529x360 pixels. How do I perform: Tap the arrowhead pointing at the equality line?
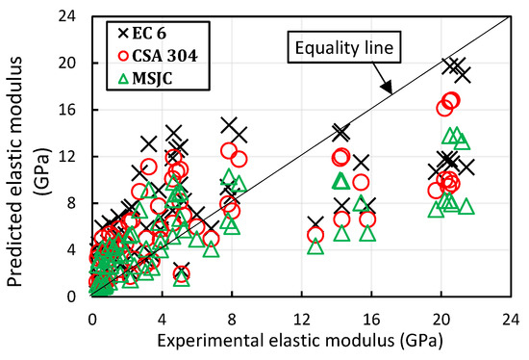pyautogui.click(x=389, y=92)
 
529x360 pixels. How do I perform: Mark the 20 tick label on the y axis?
pyautogui.click(x=72, y=63)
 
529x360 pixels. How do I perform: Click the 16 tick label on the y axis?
pyautogui.click(x=72, y=110)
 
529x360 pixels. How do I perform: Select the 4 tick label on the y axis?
pyautogui.click(x=76, y=249)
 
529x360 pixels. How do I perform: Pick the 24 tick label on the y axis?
pyautogui.click(x=72, y=16)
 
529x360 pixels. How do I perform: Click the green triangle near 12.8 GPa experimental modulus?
pyautogui.click(x=315, y=245)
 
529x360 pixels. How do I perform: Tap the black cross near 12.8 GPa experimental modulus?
pyautogui.click(x=315, y=223)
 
